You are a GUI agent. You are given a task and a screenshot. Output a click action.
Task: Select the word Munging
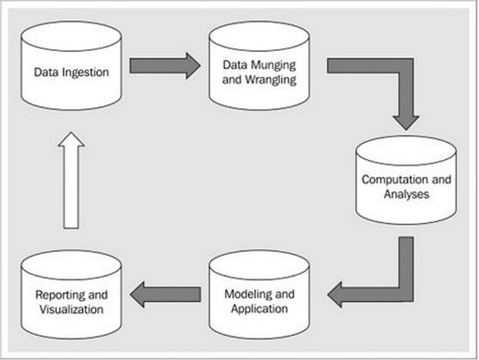click(x=272, y=66)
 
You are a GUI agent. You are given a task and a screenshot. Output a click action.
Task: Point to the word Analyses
click(x=407, y=194)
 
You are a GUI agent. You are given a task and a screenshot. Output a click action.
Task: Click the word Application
click(x=259, y=308)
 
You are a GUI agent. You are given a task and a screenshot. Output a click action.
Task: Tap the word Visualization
click(x=71, y=309)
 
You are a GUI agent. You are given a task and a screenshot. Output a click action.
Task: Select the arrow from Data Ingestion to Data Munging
click(x=164, y=66)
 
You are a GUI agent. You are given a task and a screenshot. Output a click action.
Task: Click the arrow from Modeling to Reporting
click(x=164, y=294)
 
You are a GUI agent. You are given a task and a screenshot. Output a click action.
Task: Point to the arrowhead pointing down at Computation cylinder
click(x=405, y=121)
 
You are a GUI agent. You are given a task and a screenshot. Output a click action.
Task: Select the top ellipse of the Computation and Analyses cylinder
click(x=406, y=150)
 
